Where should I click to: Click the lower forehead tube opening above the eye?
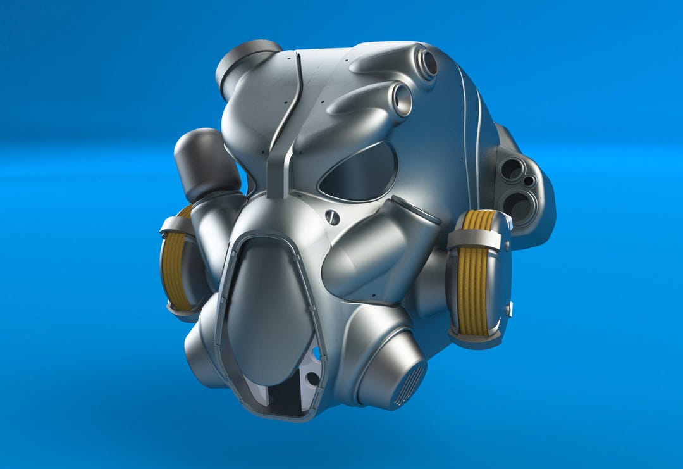coord(402,99)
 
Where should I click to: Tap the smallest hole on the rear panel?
coord(529,182)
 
